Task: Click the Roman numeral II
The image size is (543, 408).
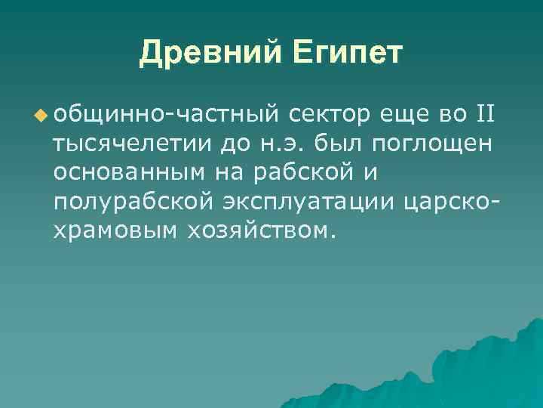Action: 484,114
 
